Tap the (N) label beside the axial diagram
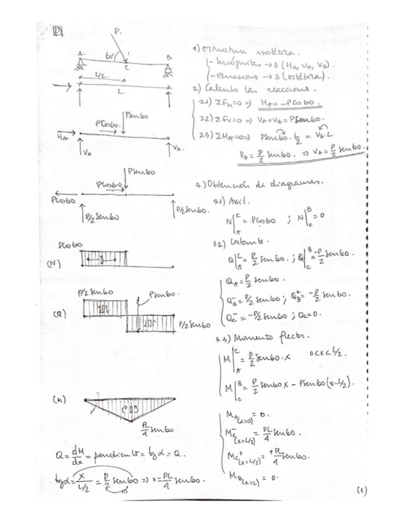[54, 264]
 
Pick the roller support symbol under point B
[167, 66]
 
